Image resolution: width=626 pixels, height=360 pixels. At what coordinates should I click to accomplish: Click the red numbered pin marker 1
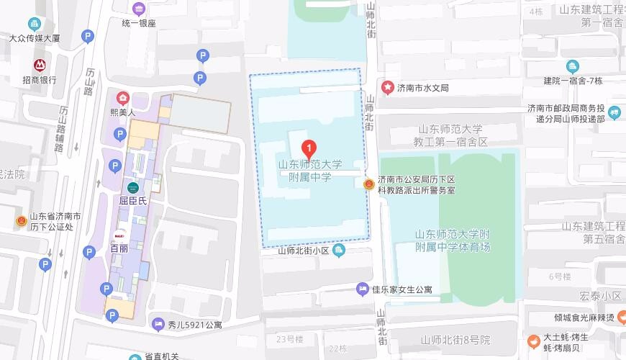(309, 149)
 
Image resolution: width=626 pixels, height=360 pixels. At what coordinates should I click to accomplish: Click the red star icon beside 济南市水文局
(388, 87)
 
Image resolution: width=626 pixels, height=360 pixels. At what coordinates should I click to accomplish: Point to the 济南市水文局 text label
(425, 88)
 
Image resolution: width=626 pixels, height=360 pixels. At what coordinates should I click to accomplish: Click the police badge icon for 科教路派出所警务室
(368, 184)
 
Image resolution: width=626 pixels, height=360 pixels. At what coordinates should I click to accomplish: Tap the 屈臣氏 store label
(132, 202)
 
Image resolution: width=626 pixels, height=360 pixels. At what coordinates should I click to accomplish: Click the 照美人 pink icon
(123, 98)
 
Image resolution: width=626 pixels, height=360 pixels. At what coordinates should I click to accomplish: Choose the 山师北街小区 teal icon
(340, 250)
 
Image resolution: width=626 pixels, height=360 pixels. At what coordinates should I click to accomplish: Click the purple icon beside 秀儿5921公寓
(158, 325)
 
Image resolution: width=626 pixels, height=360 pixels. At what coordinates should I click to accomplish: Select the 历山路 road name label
(90, 81)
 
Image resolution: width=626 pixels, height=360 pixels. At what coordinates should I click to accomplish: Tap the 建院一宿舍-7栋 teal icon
(572, 67)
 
